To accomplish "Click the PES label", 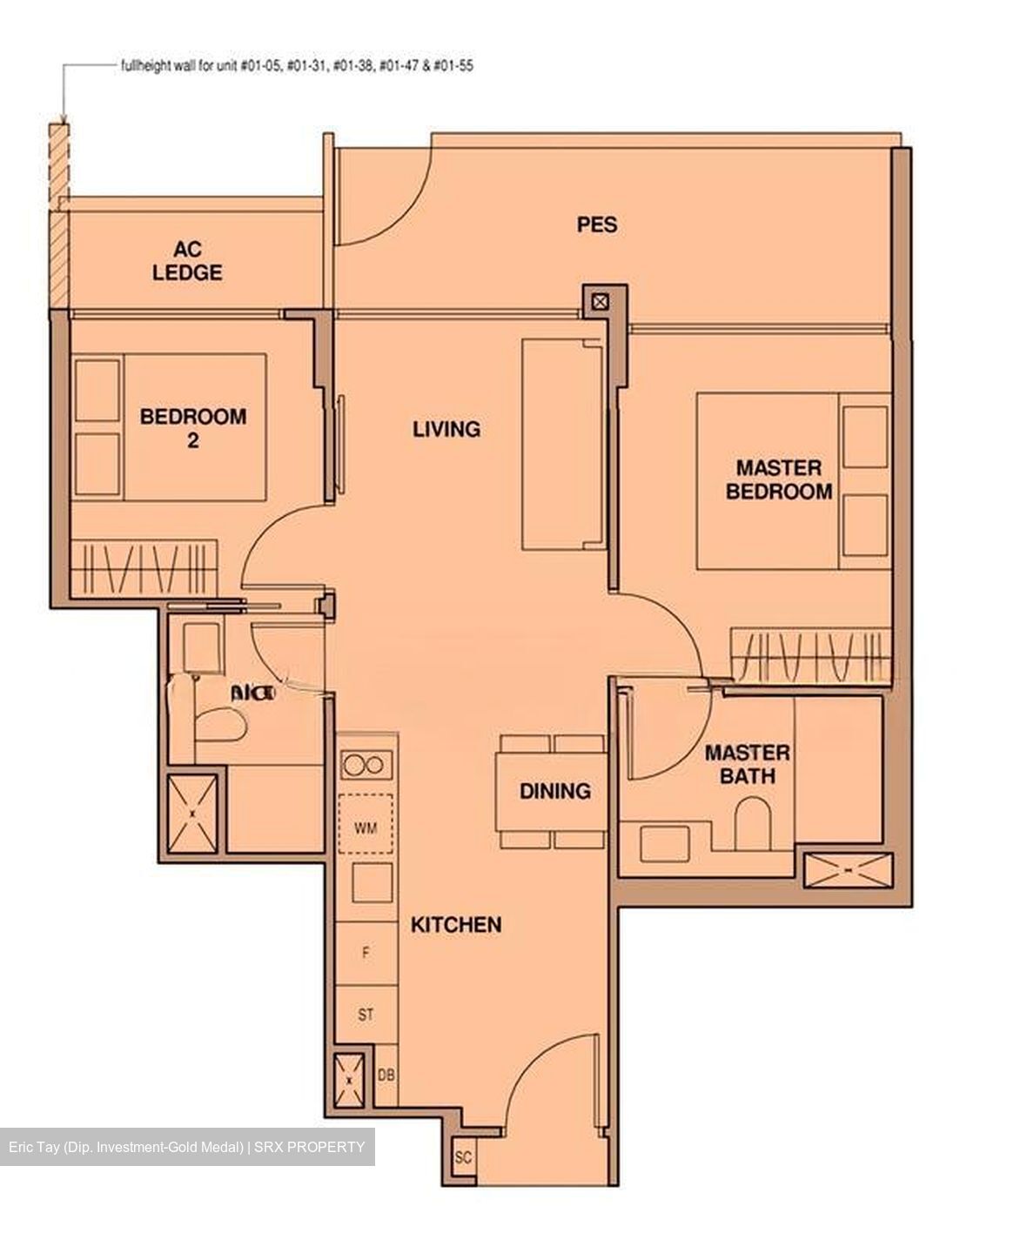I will [597, 224].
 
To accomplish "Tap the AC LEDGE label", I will [187, 261].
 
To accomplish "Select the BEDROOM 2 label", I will [192, 427].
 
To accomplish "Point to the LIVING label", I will [446, 429].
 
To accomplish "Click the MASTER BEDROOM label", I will [779, 479].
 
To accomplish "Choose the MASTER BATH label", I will [747, 764].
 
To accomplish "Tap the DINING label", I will [554, 791].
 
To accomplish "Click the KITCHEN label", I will [456, 924].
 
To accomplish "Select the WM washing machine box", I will [366, 828].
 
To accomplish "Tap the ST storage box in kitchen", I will [366, 1015].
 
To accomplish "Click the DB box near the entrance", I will [386, 1075].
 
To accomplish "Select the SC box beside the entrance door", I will [463, 1159].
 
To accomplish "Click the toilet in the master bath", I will [751, 823].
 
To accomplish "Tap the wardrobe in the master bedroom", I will [809, 654].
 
